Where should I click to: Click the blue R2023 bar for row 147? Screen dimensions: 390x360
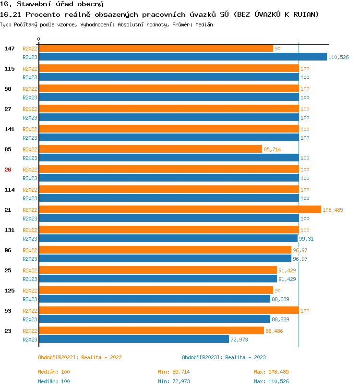click(x=182, y=57)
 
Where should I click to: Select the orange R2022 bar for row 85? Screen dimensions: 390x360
click(x=150, y=149)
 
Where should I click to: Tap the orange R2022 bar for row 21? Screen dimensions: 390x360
click(x=180, y=210)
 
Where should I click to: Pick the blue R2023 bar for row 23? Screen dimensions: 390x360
click(x=133, y=340)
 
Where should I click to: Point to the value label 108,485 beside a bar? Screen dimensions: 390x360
click(x=333, y=210)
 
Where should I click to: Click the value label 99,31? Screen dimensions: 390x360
click(x=307, y=239)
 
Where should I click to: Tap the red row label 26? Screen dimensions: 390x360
click(x=8, y=170)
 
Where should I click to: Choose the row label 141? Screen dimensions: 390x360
click(x=9, y=129)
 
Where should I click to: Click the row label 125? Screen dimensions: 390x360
click(x=9, y=291)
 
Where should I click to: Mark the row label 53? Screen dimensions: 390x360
click(x=8, y=311)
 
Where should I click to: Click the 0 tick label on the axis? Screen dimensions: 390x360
click(x=39, y=39)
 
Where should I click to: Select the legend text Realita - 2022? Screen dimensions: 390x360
click(x=101, y=357)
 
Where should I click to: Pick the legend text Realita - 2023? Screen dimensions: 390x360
click(x=245, y=357)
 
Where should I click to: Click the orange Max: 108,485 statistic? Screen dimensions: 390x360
click(x=271, y=372)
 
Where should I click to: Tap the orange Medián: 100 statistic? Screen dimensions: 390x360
click(x=54, y=372)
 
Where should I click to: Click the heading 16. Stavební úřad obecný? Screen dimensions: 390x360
click(x=52, y=4)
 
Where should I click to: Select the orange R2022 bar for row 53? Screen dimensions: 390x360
click(x=168, y=311)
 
